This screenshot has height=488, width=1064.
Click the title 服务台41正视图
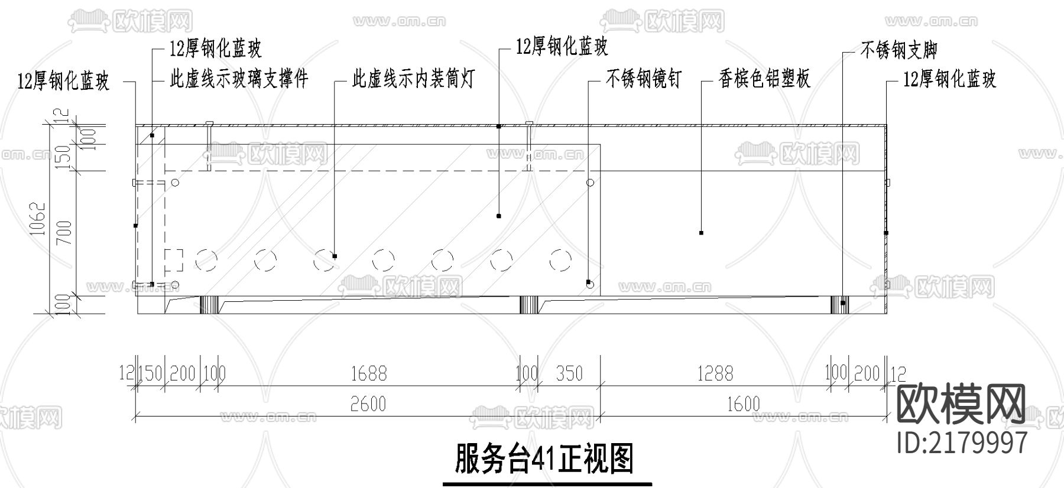tap(544, 459)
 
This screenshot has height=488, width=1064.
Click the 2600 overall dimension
tap(368, 404)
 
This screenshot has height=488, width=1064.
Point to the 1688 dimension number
tap(368, 373)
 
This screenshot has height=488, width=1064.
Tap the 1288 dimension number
tap(715, 373)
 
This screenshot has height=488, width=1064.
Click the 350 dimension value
tap(569, 373)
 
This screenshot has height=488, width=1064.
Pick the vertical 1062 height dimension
tap(38, 219)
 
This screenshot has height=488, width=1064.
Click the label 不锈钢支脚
tap(898, 50)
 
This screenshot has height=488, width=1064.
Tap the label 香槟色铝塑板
tap(764, 79)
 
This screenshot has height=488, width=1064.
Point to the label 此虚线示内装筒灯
tap(413, 79)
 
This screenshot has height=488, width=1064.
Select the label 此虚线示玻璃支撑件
tap(239, 79)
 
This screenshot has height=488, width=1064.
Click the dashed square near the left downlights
tap(174, 260)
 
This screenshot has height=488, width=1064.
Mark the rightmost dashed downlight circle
tap(560, 260)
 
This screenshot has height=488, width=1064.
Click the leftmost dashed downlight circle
tap(206, 260)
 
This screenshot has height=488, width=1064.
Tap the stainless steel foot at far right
tap(839, 305)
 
